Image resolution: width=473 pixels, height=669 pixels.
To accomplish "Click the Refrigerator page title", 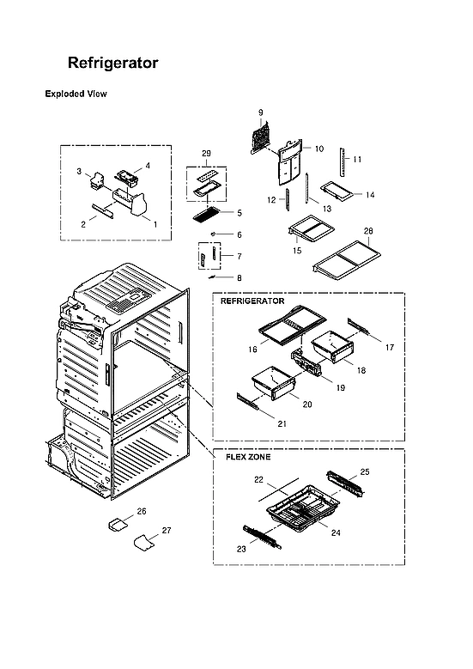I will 112,64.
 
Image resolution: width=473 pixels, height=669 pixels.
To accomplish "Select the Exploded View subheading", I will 76,94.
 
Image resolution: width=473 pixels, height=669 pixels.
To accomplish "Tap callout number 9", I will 260,113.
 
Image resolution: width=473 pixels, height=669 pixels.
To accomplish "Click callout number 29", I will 206,153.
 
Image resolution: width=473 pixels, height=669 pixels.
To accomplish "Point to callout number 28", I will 368,231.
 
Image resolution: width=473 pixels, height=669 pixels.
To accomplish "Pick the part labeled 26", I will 118,522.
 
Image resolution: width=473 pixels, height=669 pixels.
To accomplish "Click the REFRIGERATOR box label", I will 252,302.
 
